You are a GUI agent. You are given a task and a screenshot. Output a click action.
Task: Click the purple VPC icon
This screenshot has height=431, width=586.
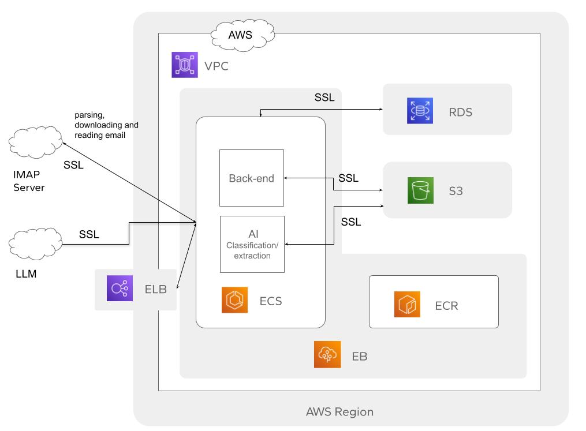[x=185, y=65]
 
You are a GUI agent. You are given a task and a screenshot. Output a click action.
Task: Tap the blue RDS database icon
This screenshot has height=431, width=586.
[x=420, y=111]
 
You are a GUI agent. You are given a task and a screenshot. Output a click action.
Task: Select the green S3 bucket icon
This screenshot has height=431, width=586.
[x=420, y=190]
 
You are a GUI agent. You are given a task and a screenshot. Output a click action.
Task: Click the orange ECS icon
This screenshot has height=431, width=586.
[x=234, y=300]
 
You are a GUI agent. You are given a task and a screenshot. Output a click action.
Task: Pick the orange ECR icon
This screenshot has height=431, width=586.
[x=408, y=305]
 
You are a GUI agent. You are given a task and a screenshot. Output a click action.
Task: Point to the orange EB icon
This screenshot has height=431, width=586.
[x=327, y=354]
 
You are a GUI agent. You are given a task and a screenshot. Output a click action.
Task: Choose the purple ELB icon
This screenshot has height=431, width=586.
[x=120, y=288]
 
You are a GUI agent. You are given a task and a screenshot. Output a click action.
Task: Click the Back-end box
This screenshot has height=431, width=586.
[x=252, y=178]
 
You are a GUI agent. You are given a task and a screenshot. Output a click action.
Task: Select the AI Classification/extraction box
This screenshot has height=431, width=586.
[x=252, y=244]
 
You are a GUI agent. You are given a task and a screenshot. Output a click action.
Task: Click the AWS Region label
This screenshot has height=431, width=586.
[x=339, y=412]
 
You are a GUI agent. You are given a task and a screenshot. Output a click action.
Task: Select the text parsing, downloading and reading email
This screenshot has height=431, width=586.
[x=106, y=125]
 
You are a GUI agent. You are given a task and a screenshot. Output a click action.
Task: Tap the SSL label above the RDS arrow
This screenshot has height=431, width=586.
[x=324, y=97]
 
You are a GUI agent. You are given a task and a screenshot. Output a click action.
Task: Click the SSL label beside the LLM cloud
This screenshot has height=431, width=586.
[x=89, y=234]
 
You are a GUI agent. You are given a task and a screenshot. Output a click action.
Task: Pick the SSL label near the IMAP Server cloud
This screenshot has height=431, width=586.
[x=73, y=164]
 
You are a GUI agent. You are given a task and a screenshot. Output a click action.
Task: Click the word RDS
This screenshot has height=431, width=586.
[x=460, y=112]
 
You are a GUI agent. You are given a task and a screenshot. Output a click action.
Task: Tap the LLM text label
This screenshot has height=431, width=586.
[x=26, y=273]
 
